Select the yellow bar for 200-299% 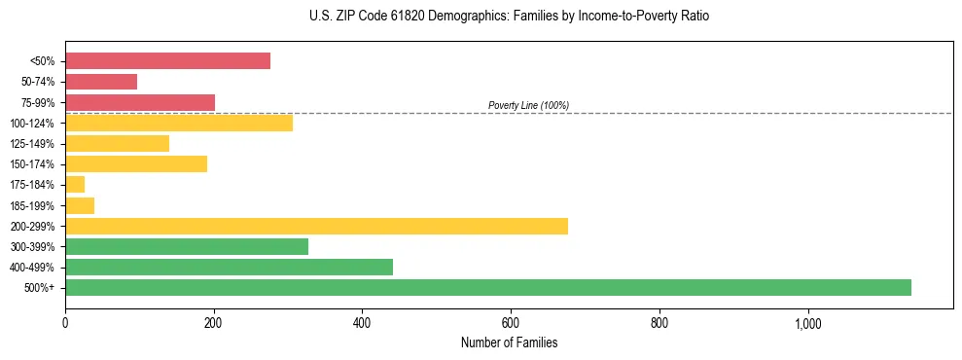pos(316,226)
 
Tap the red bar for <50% pos(167,60)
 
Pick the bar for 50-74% pos(101,82)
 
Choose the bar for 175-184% pos(75,184)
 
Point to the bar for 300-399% pos(187,246)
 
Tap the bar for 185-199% pos(80,205)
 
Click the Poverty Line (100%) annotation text pos(528,105)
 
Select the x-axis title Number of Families pos(509,342)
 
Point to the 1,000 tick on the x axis pos(808,323)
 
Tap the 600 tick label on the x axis pos(511,323)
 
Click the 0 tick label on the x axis pos(65,323)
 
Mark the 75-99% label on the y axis pos(38,102)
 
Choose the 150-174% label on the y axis pos(33,164)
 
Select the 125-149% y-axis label pos(33,144)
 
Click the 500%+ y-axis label pos(40,288)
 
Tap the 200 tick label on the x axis pos(214,323)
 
